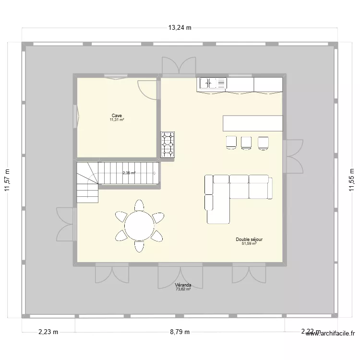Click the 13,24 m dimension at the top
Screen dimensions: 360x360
tap(180, 27)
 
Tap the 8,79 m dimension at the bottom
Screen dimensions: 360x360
tap(180, 332)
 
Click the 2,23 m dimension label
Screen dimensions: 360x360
tap(48, 332)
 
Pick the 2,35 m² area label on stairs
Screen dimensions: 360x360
tap(129, 173)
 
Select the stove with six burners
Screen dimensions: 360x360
tap(168, 144)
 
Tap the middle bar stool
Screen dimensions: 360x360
tap(246, 142)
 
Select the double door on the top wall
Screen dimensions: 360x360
tap(179, 67)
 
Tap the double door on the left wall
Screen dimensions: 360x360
tap(66, 224)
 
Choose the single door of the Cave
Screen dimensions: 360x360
tap(148, 90)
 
